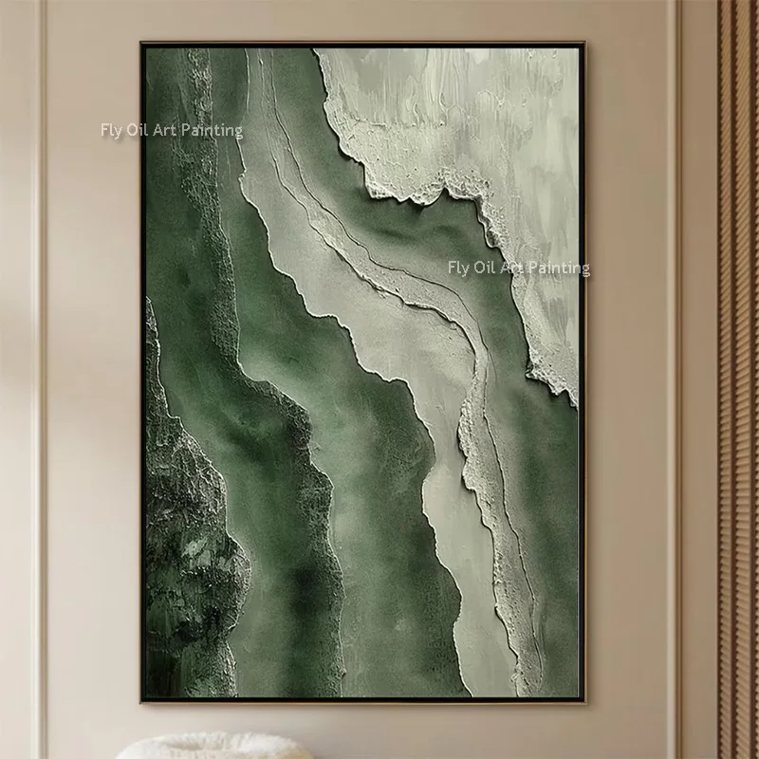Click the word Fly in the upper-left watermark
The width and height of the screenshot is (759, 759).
(x=111, y=130)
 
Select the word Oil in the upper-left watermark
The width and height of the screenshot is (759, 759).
(x=138, y=130)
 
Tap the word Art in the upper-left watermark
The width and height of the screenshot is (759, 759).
(x=165, y=130)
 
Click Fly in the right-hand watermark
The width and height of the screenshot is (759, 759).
(x=458, y=268)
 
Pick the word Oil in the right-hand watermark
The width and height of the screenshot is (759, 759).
(x=485, y=268)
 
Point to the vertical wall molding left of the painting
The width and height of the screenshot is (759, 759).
(x=40, y=379)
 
